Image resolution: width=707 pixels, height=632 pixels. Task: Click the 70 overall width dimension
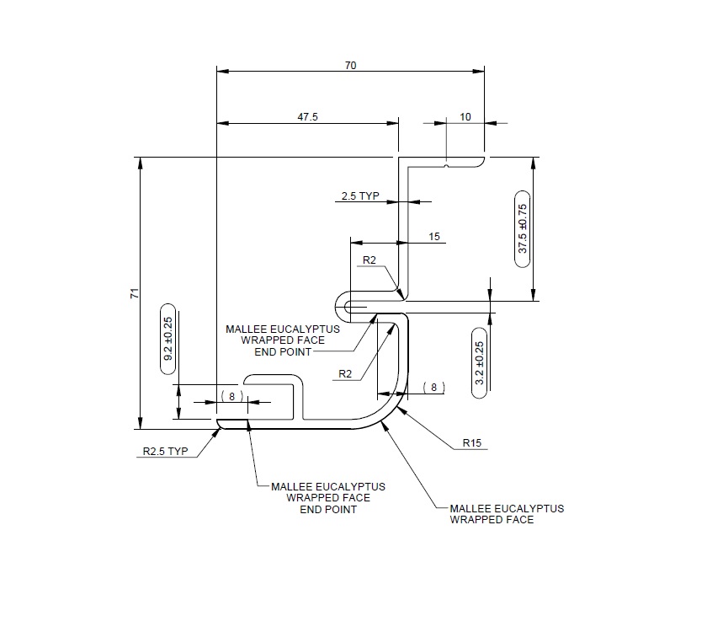[x=350, y=65]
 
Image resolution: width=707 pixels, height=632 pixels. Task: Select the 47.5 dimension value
[x=307, y=117]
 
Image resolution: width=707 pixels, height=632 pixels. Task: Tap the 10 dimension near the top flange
[x=465, y=117]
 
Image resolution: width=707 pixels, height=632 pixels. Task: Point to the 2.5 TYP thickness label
[x=360, y=196]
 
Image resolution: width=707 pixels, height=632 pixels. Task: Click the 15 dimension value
[x=434, y=237]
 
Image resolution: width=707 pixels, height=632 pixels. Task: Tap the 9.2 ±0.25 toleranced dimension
[x=167, y=339]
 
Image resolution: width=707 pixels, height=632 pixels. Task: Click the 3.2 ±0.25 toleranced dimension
[x=480, y=357]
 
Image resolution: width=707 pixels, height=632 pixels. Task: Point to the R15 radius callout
[x=472, y=442]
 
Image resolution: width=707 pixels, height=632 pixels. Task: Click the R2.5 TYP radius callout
[x=164, y=452]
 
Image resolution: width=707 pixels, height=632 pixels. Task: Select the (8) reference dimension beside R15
[x=433, y=387]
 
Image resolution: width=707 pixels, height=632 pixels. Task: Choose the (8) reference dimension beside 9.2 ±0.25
[x=231, y=395]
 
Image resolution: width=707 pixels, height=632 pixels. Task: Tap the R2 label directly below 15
[x=369, y=260]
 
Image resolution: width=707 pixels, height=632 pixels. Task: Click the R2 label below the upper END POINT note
[x=345, y=373]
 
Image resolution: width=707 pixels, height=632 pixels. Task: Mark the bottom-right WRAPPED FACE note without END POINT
[x=507, y=514]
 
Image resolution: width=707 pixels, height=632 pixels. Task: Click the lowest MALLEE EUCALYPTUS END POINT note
[x=328, y=498]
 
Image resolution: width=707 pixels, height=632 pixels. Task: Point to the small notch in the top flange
[x=446, y=163]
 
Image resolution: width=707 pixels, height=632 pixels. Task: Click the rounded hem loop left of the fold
[x=342, y=303]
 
